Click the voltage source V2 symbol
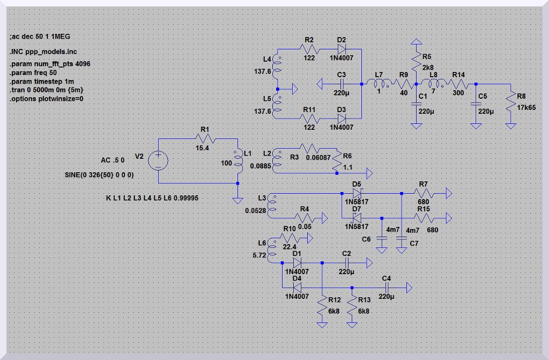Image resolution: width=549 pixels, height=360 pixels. (x=159, y=160)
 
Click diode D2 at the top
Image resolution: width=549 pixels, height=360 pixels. (x=342, y=49)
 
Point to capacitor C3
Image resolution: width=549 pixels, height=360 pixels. (x=342, y=84)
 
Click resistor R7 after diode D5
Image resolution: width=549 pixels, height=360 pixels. (x=424, y=193)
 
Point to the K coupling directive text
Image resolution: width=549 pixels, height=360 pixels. (x=152, y=198)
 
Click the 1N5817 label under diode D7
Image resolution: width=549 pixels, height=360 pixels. (x=357, y=226)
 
